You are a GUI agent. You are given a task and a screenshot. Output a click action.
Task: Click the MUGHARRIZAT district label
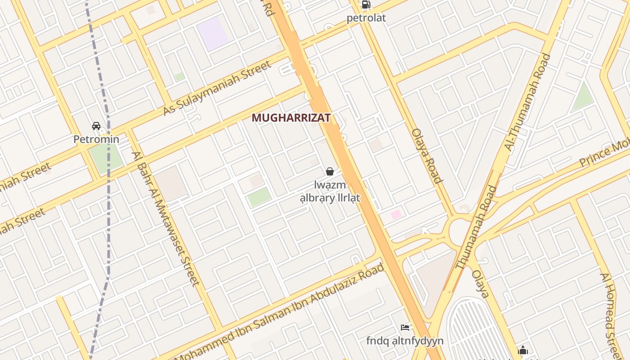click(291, 118)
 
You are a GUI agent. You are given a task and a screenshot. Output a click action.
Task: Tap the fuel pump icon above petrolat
click(366, 5)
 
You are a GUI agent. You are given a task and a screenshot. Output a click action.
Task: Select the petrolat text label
click(366, 18)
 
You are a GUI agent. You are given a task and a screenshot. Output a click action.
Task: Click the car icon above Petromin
click(96, 126)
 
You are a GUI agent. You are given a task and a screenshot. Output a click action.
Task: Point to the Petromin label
click(96, 139)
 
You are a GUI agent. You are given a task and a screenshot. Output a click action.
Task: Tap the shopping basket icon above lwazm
click(330, 171)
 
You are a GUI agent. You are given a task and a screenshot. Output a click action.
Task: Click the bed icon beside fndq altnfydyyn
click(405, 327)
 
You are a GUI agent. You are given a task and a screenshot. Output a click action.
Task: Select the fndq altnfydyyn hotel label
click(405, 341)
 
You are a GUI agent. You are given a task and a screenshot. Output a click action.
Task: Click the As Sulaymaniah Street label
click(218, 88)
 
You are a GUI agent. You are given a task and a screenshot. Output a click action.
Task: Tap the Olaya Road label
click(427, 156)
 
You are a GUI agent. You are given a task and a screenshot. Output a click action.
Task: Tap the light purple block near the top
click(213, 34)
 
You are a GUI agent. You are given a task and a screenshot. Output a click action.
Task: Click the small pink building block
click(396, 215)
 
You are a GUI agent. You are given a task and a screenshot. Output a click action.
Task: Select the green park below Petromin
click(106, 157)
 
